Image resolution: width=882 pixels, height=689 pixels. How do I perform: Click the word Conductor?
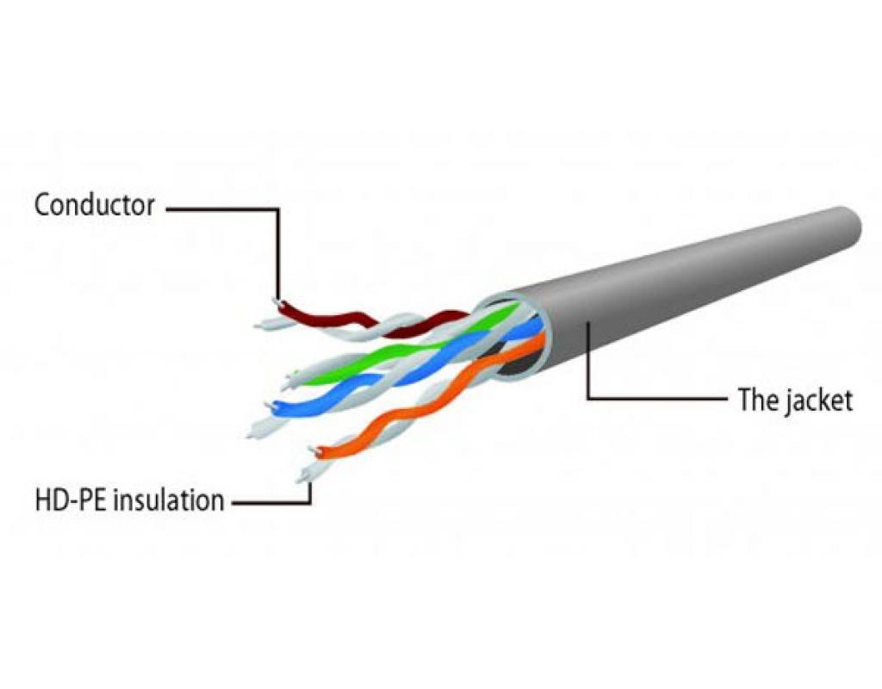[94, 205]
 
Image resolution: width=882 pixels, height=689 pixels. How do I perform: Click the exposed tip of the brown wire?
[275, 301]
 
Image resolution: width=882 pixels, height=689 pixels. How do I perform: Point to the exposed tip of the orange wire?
[316, 451]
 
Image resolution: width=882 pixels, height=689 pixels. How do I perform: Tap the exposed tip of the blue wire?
[274, 405]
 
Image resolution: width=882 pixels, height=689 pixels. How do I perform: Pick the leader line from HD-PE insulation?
[267, 501]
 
